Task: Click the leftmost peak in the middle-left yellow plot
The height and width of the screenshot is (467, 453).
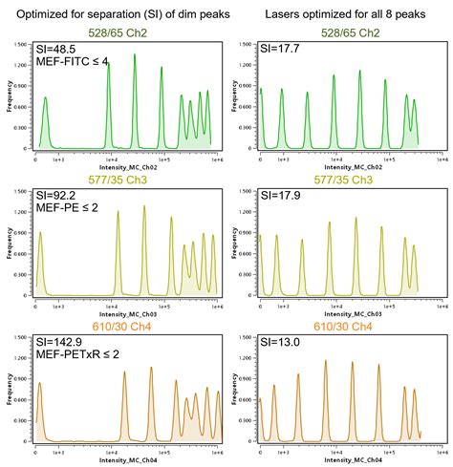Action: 40,234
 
